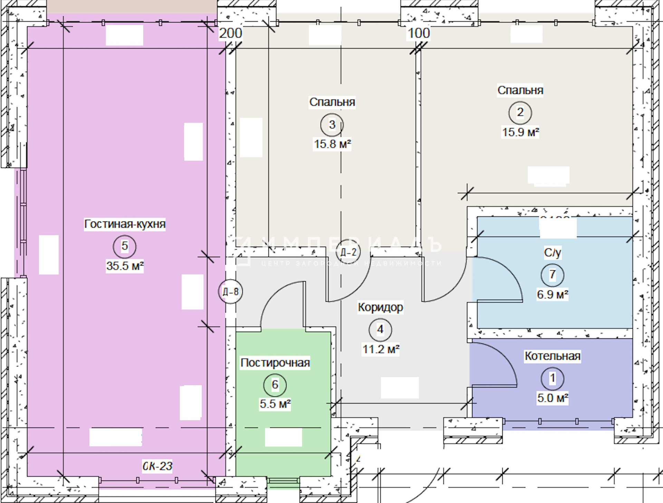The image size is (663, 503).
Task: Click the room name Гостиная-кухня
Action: pyautogui.click(x=125, y=224)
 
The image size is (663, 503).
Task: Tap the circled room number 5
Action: pyautogui.click(x=125, y=246)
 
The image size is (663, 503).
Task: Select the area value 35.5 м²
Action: pyautogui.click(x=125, y=266)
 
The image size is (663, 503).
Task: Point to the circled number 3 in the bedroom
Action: pyautogui.click(x=332, y=125)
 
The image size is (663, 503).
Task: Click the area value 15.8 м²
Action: pyautogui.click(x=332, y=144)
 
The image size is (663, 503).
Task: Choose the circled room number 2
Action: pyautogui.click(x=520, y=113)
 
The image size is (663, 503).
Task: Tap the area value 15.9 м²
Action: pyautogui.click(x=520, y=132)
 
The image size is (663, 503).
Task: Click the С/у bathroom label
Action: pyautogui.click(x=552, y=253)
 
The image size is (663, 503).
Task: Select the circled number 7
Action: pyautogui.click(x=552, y=275)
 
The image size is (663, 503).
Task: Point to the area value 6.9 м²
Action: pyautogui.click(x=552, y=295)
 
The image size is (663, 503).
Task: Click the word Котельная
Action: pyautogui.click(x=552, y=356)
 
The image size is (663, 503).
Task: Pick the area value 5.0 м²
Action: pyautogui.click(x=552, y=398)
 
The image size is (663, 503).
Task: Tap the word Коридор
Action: pyautogui.click(x=380, y=307)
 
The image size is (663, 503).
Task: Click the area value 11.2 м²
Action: pyautogui.click(x=381, y=349)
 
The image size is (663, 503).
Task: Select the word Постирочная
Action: pyautogui.click(x=275, y=363)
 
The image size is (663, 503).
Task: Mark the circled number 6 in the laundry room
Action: pyautogui.click(x=275, y=385)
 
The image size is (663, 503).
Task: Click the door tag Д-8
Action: pyautogui.click(x=231, y=292)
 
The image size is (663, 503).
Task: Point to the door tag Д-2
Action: pyautogui.click(x=348, y=252)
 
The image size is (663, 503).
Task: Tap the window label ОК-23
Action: pyautogui.click(x=157, y=466)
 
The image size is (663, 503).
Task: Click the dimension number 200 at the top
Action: pyautogui.click(x=230, y=33)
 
